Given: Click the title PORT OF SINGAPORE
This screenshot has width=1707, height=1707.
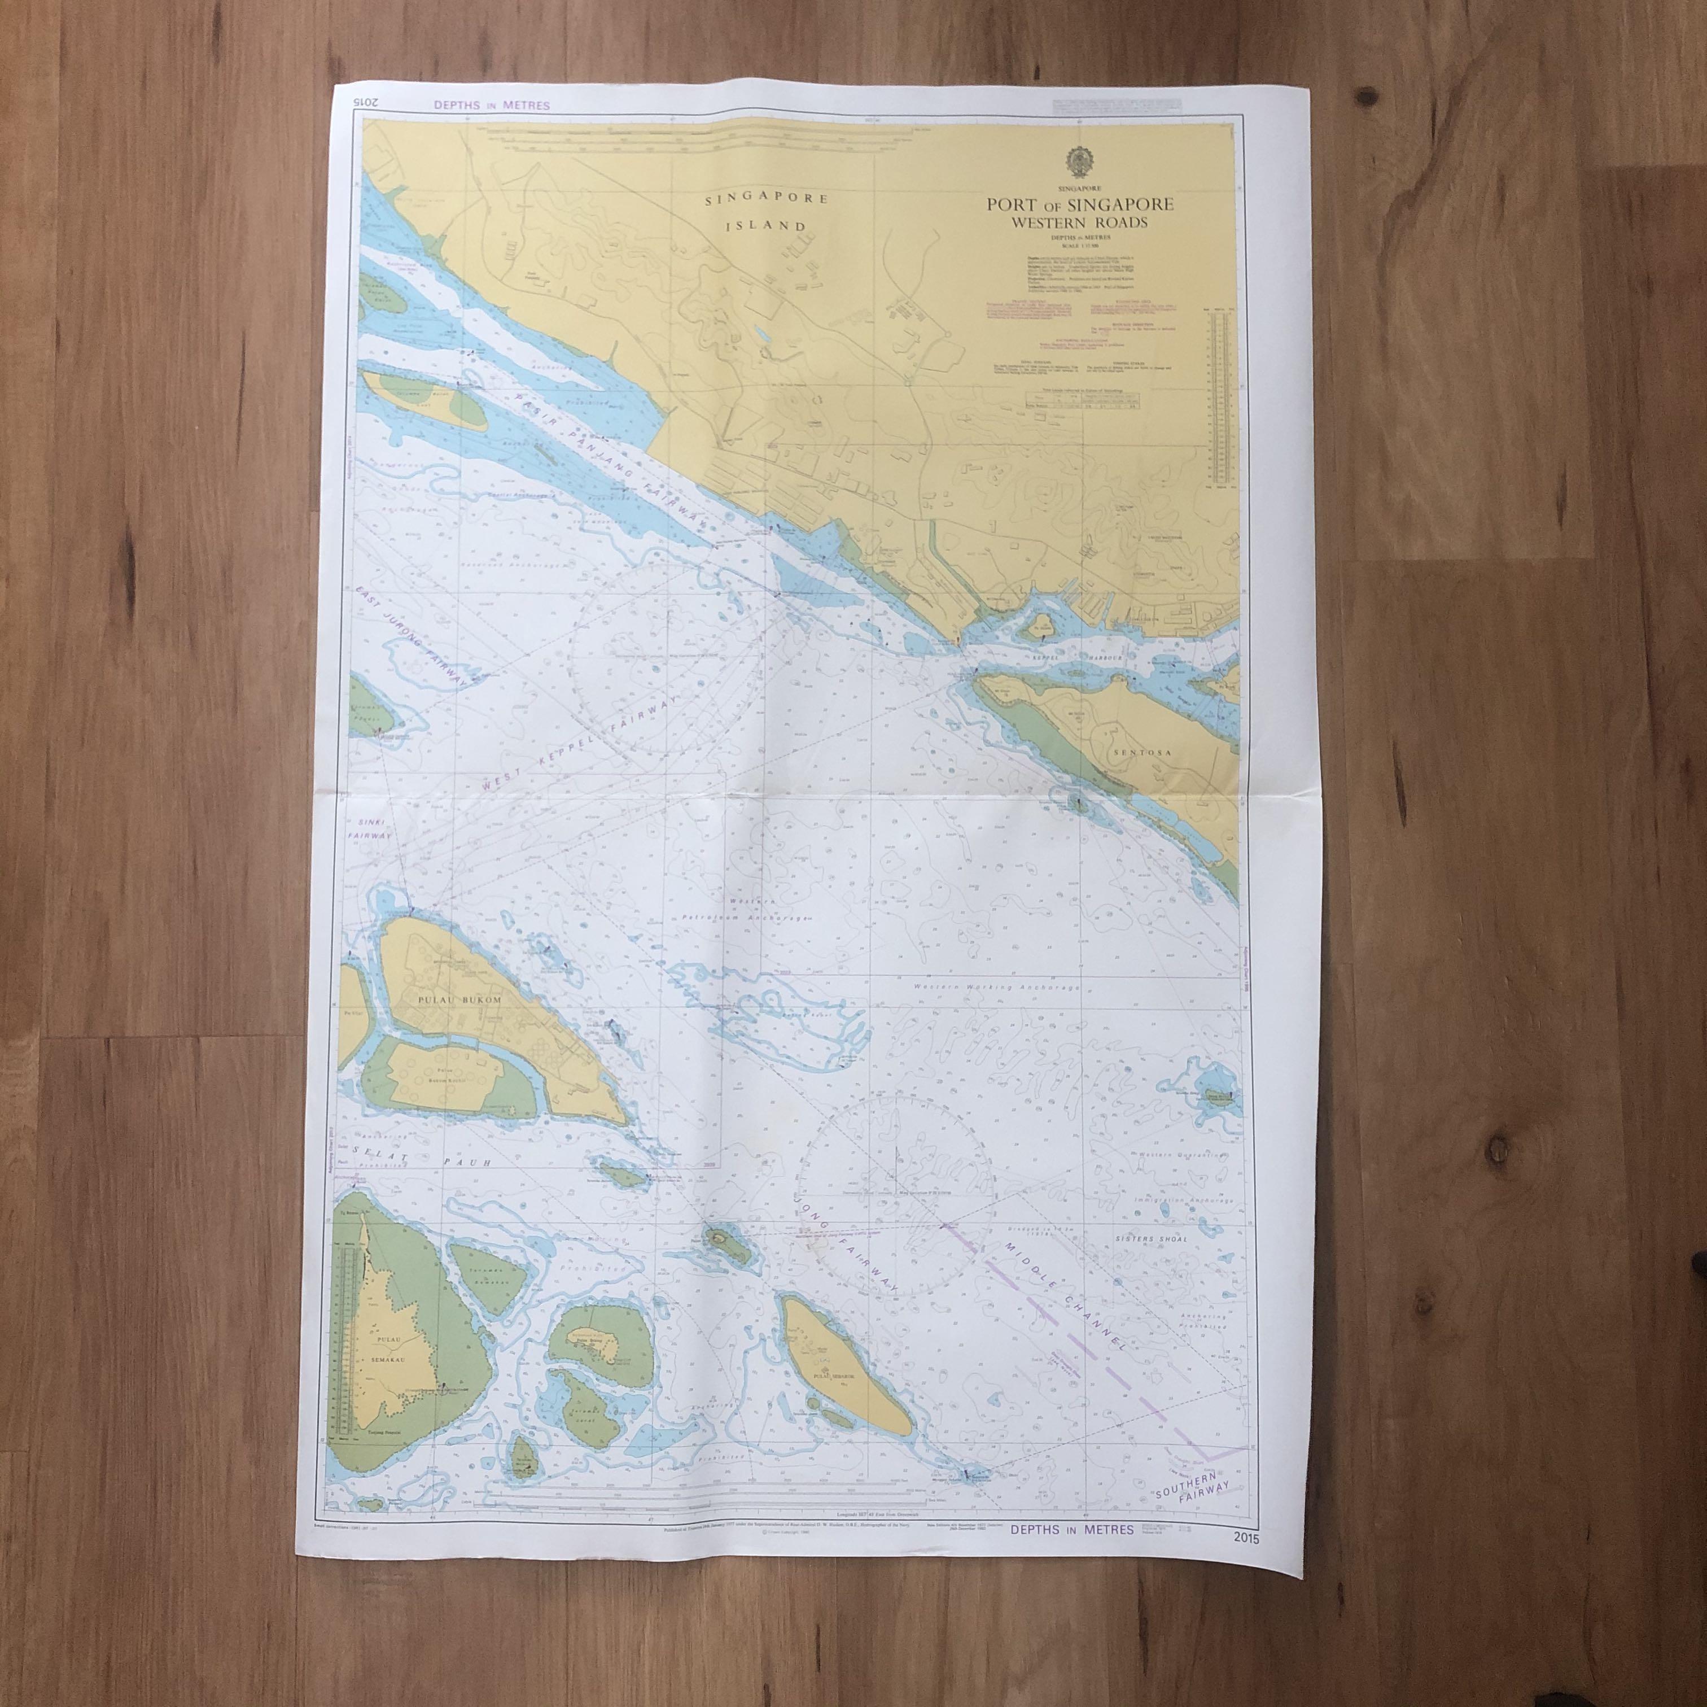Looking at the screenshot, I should [x=1080, y=205].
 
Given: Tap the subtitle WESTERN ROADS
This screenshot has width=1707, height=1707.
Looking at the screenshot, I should [x=1080, y=223].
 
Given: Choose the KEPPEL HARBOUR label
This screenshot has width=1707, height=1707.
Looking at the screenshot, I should [x=1070, y=658].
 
